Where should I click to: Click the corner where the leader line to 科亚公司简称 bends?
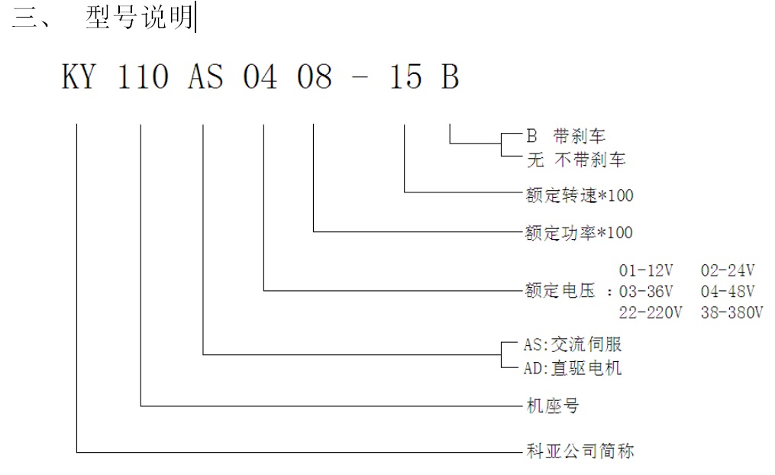(x=76, y=452)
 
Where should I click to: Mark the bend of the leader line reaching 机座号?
(x=140, y=406)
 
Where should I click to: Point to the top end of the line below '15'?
(x=405, y=124)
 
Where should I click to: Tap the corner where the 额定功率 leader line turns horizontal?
(x=313, y=231)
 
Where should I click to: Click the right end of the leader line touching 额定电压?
(x=523, y=290)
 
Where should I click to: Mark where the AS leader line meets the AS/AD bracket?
(x=502, y=354)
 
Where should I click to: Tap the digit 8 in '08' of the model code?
(x=323, y=77)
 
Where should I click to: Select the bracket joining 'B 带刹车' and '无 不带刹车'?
(x=512, y=144)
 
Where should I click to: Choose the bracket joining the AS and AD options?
(x=512, y=355)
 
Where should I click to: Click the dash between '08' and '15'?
(x=360, y=79)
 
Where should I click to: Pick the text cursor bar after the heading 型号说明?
(x=195, y=17)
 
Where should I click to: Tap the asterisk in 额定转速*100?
(x=602, y=195)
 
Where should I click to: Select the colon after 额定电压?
(x=609, y=292)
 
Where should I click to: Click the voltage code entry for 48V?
(x=728, y=291)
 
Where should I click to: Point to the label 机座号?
(x=552, y=406)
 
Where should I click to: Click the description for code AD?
(x=586, y=368)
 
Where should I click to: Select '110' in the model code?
(x=143, y=77)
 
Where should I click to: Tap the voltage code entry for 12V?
(x=646, y=270)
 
